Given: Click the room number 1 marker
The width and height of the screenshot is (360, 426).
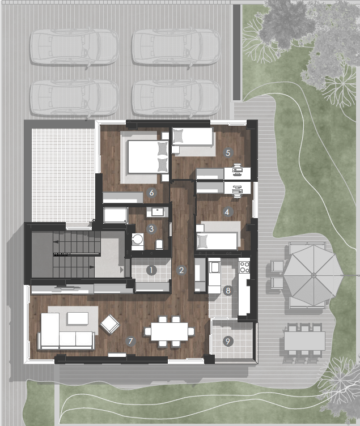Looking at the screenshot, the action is click(151, 270).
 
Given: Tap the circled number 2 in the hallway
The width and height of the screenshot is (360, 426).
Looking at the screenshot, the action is click(181, 270).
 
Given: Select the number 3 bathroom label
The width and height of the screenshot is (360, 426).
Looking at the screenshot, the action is click(151, 229).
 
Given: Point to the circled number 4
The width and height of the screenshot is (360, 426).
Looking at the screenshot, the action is click(227, 212).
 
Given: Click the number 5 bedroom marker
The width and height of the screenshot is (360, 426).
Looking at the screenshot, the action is click(228, 153).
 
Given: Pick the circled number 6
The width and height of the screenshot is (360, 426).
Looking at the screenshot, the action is click(151, 193).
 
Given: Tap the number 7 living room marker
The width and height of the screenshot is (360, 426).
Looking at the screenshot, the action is click(130, 341).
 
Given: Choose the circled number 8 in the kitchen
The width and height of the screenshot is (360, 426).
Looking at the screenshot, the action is click(228, 291).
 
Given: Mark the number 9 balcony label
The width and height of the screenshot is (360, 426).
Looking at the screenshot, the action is click(228, 341).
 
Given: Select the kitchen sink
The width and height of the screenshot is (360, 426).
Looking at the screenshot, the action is click(214, 267).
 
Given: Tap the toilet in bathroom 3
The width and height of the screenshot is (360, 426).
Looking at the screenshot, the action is click(159, 245).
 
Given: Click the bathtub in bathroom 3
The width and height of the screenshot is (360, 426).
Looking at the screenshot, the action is click(115, 215).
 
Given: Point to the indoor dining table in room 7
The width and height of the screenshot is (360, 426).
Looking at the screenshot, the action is click(170, 331).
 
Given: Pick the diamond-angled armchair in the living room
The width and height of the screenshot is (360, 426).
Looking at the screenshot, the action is click(110, 325).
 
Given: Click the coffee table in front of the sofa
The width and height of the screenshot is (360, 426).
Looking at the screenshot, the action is click(78, 318).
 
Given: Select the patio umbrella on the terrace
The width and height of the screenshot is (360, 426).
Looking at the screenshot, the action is click(314, 275).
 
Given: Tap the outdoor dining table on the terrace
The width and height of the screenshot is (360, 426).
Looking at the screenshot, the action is click(304, 341).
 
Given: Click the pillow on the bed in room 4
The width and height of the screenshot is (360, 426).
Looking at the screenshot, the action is click(202, 241).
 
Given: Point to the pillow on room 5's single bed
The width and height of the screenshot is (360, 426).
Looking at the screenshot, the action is click(179, 136).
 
